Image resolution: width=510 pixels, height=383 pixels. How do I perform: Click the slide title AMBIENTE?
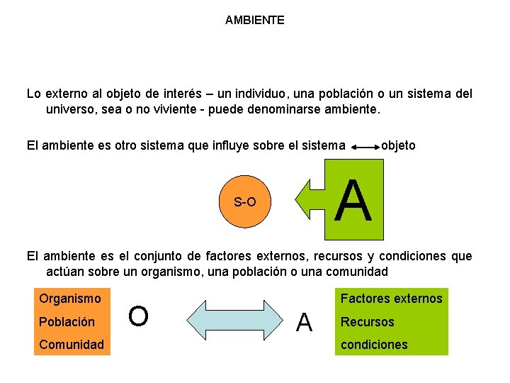(x=255, y=21)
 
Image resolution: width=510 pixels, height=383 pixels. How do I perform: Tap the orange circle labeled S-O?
(x=245, y=202)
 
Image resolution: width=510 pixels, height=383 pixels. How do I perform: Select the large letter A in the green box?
(x=353, y=201)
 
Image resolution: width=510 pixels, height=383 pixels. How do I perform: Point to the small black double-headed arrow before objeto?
(x=365, y=148)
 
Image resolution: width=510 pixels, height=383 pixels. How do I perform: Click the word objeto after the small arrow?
(x=398, y=145)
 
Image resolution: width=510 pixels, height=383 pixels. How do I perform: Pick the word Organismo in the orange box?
(x=70, y=299)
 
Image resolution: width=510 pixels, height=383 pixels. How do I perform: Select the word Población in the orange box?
(x=67, y=321)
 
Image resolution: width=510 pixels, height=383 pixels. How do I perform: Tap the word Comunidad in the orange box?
(x=72, y=344)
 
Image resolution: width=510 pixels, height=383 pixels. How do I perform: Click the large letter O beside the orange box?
(x=139, y=317)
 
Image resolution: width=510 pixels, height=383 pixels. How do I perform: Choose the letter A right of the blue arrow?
(x=305, y=323)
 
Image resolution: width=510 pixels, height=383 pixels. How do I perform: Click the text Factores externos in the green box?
(x=392, y=299)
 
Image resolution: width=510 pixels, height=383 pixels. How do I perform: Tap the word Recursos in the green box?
(x=368, y=321)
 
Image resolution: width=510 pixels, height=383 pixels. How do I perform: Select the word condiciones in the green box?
(x=375, y=344)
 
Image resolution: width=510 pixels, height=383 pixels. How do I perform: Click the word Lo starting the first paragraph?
(x=33, y=94)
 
